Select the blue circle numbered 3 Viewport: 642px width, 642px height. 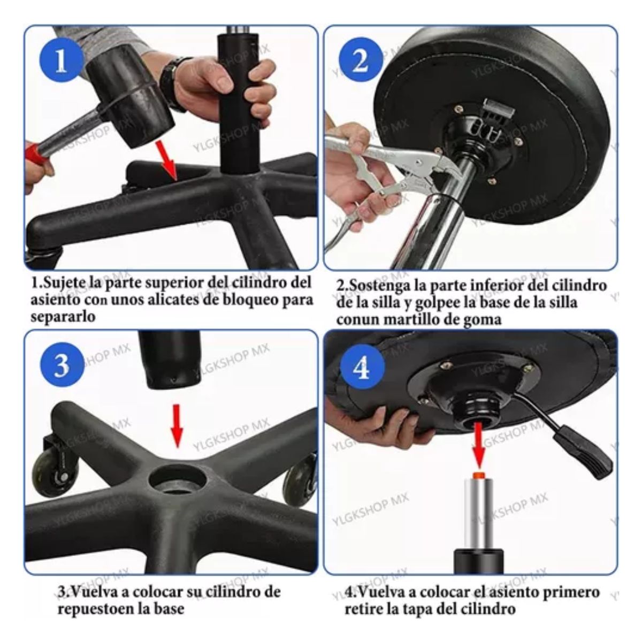61,365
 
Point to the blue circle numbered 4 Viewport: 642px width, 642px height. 363,369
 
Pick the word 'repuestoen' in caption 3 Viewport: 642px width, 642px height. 101,608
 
